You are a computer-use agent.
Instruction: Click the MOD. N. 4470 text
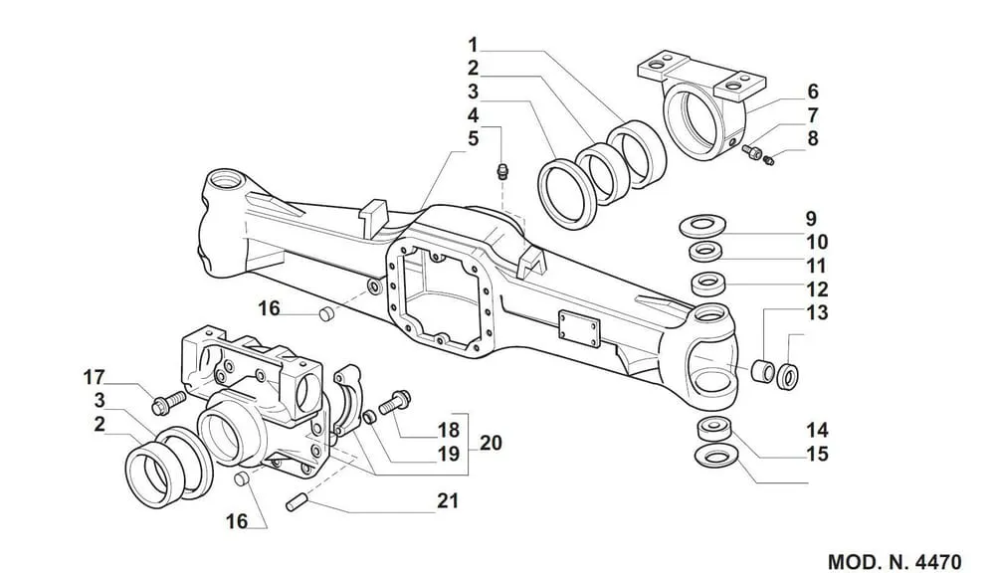coord(895,562)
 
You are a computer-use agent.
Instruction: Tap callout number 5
coord(473,138)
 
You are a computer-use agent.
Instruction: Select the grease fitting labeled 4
coord(503,171)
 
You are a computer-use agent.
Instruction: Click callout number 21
coord(448,500)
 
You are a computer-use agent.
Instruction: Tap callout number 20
coord(491,443)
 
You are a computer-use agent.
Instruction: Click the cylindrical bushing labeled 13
coord(761,371)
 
